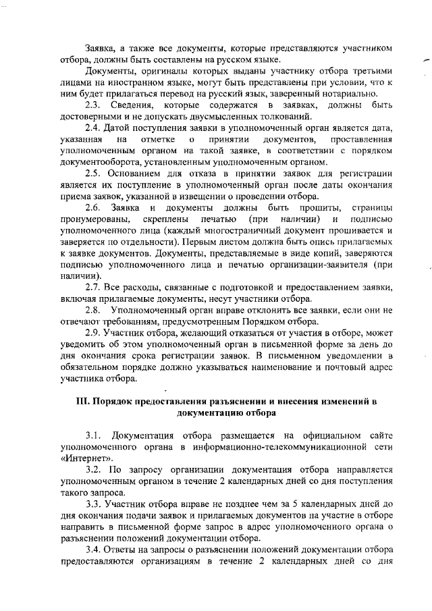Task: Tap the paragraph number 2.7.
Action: point(93,305)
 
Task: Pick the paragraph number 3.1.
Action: point(93,433)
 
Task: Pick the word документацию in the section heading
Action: point(209,413)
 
